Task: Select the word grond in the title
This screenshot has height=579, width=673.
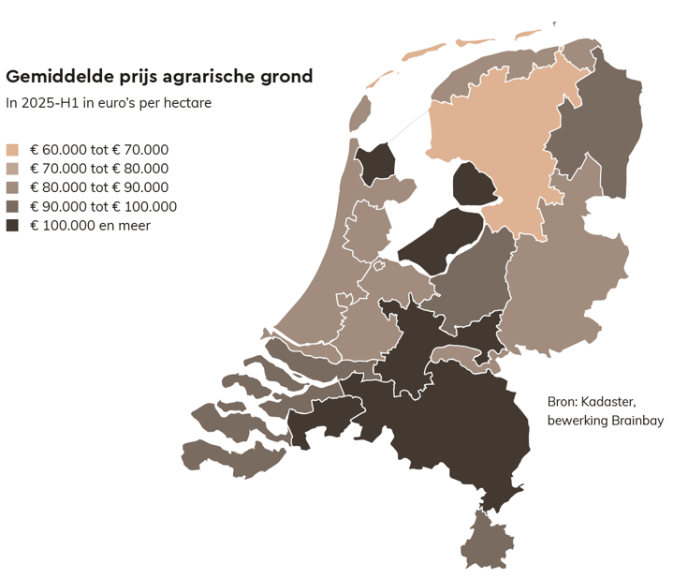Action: click(x=285, y=77)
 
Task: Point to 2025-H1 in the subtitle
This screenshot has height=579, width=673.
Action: click(x=51, y=103)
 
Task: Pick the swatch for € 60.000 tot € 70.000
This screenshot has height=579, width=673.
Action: click(x=12, y=150)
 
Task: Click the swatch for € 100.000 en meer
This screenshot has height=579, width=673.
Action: click(x=12, y=226)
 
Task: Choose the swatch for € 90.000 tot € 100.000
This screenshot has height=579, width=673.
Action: click(x=12, y=207)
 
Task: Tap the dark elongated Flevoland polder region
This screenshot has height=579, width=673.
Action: click(x=440, y=241)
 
